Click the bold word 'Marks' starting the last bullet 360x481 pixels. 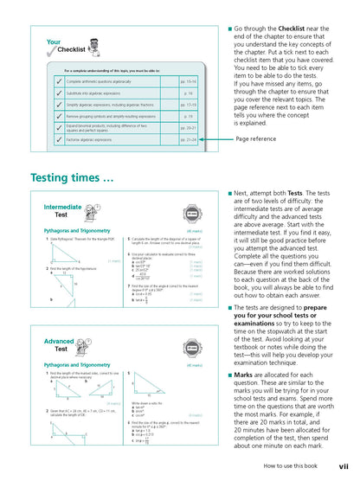pos(249,382)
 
